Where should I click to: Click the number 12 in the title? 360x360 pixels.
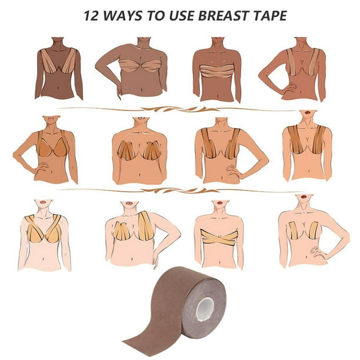(x=91, y=16)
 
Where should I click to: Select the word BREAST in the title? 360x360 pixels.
(x=222, y=16)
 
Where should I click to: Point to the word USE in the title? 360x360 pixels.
(x=181, y=16)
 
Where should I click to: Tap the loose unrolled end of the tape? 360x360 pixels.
(x=138, y=344)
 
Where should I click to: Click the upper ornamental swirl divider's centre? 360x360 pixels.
(x=179, y=109)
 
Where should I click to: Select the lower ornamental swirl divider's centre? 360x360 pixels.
(x=179, y=191)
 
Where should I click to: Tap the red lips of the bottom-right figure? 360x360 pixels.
(x=304, y=196)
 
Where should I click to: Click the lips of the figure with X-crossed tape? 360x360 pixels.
(x=220, y=203)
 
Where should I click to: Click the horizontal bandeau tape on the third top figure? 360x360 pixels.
(x=217, y=71)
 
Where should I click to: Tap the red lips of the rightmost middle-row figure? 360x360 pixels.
(x=307, y=112)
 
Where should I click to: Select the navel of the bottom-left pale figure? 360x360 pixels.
(x=44, y=259)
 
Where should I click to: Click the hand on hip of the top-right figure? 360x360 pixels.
(x=290, y=88)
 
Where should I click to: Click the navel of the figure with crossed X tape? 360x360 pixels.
(x=219, y=262)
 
